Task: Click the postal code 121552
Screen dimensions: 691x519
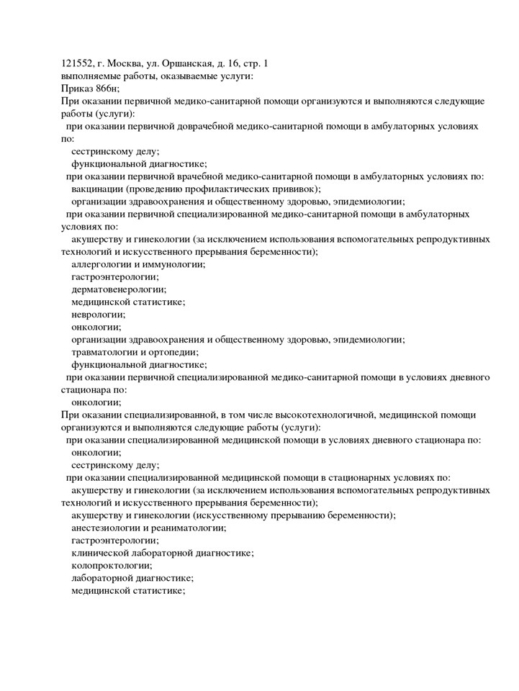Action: (x=76, y=63)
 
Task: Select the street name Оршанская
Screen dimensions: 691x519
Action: (x=191, y=63)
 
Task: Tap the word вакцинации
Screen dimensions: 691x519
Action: (x=96, y=189)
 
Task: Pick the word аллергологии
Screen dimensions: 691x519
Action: (x=101, y=264)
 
